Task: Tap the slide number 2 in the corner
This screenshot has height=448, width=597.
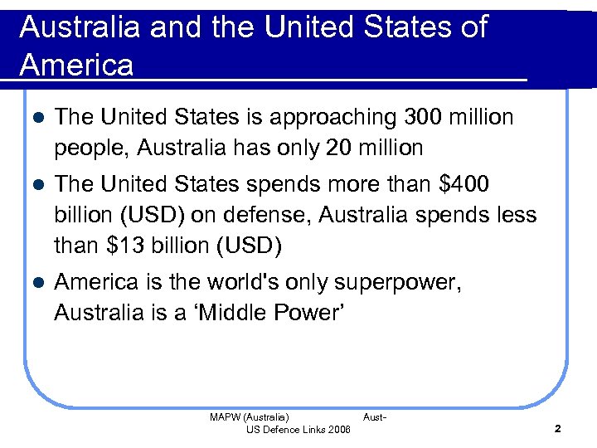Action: (x=557, y=429)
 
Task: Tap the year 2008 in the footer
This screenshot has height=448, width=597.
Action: (x=339, y=429)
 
